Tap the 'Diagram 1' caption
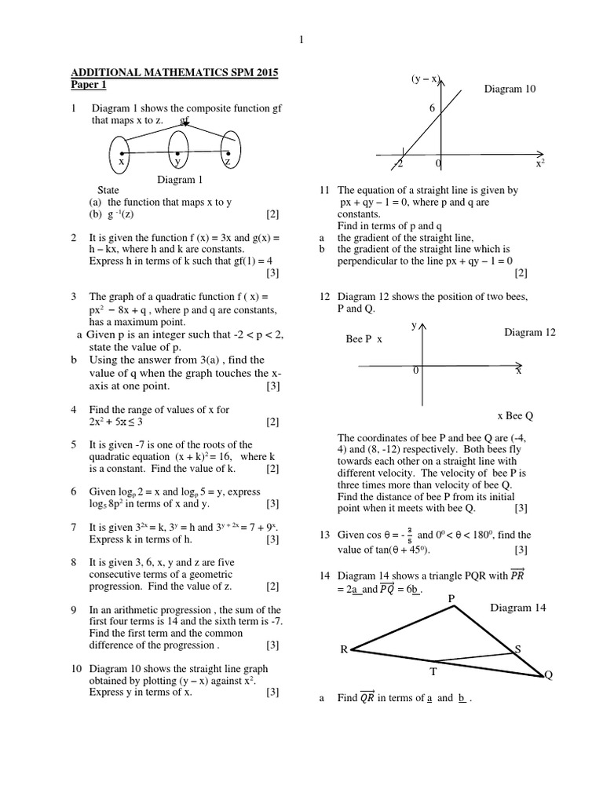(180, 180)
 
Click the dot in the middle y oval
(178, 153)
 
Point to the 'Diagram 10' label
(510, 90)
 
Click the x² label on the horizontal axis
(540, 164)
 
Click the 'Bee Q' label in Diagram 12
(521, 415)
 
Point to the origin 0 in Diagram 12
(416, 370)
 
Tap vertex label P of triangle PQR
(451, 598)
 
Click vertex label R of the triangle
(343, 649)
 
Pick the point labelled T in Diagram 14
(433, 671)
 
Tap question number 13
(323, 535)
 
